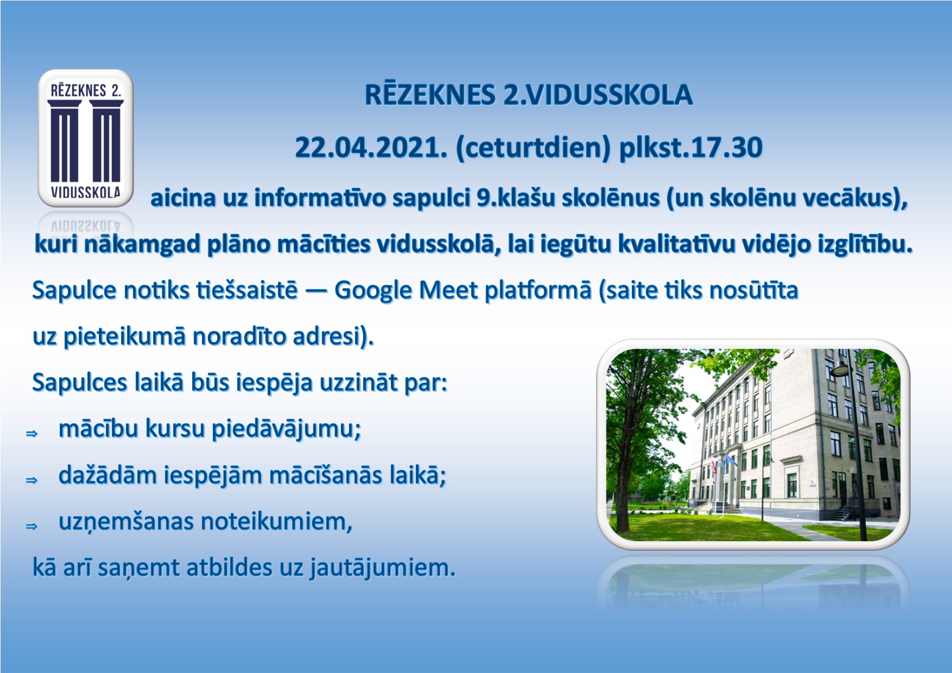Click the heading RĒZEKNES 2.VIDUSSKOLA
529,95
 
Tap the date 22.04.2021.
371,147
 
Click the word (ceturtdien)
534,148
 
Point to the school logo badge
86,138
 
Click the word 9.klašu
515,198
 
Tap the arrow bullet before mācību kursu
32,434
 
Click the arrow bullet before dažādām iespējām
32,480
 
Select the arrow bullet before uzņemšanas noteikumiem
32,526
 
